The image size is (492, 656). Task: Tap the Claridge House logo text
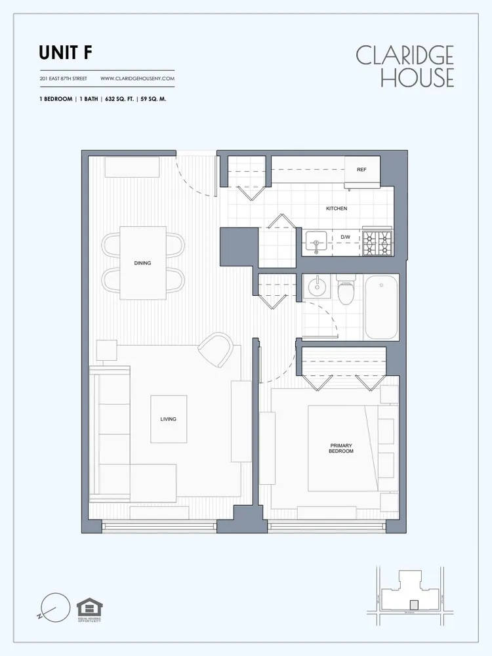click(x=405, y=66)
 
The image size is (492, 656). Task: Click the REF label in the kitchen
click(x=361, y=169)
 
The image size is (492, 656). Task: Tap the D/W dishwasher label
click(x=346, y=237)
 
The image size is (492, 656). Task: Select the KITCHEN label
click(x=337, y=209)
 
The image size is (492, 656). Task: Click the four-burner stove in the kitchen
click(x=377, y=243)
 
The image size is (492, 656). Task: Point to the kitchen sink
click(x=316, y=243)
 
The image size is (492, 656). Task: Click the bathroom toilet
click(x=346, y=291)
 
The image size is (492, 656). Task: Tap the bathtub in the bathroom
click(x=380, y=306)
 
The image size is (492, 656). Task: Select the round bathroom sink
click(x=317, y=287)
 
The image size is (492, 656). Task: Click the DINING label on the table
click(x=142, y=263)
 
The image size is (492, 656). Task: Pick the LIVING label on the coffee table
click(x=168, y=419)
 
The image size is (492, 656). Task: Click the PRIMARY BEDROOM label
click(x=341, y=448)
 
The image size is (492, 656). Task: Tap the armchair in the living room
click(x=216, y=350)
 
